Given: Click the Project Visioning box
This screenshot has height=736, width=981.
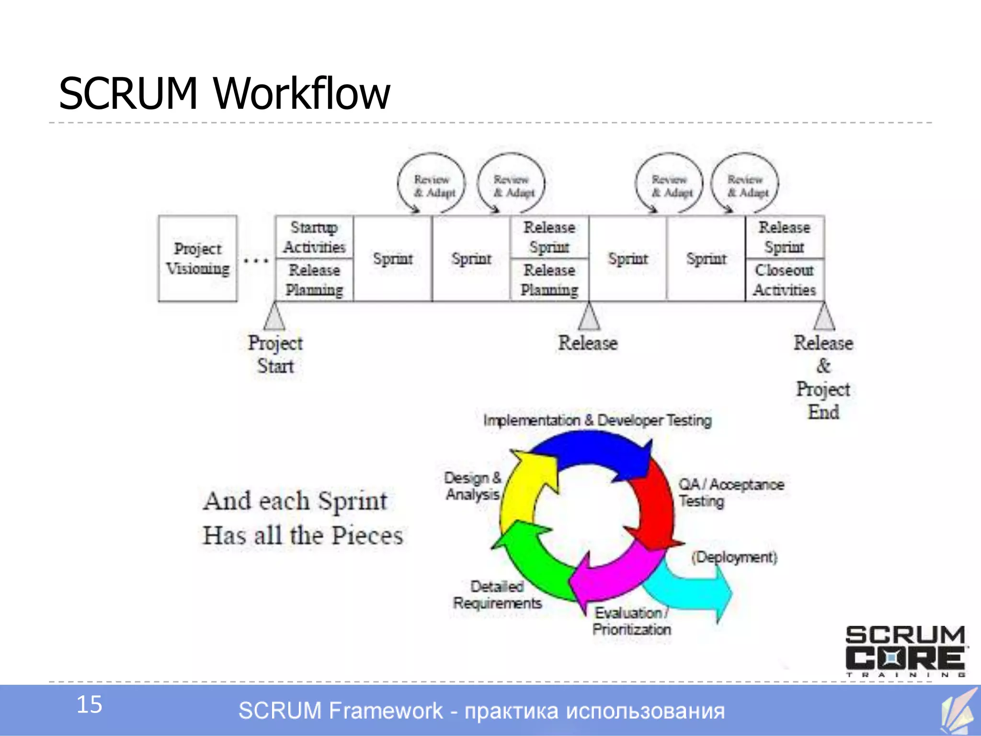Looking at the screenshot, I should click(197, 259).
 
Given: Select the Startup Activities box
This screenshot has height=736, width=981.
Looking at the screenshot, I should click(314, 237).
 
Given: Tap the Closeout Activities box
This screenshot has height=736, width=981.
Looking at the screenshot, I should click(784, 280).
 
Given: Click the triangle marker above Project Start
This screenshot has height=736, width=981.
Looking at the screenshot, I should click(274, 317).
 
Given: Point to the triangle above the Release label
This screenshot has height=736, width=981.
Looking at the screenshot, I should click(589, 317).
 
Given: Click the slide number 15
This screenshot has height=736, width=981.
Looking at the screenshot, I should click(89, 704).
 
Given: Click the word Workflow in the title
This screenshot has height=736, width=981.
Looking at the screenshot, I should click(302, 93).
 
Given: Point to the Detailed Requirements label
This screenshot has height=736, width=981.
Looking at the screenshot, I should click(497, 595).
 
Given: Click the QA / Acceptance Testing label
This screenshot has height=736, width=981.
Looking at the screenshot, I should click(730, 493).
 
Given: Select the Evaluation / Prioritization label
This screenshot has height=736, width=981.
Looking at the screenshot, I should click(631, 621).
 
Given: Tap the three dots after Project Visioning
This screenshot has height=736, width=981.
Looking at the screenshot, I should click(256, 261).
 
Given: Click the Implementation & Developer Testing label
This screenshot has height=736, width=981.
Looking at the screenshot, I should click(597, 420).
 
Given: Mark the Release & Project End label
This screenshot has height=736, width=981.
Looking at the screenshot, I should click(823, 377).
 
